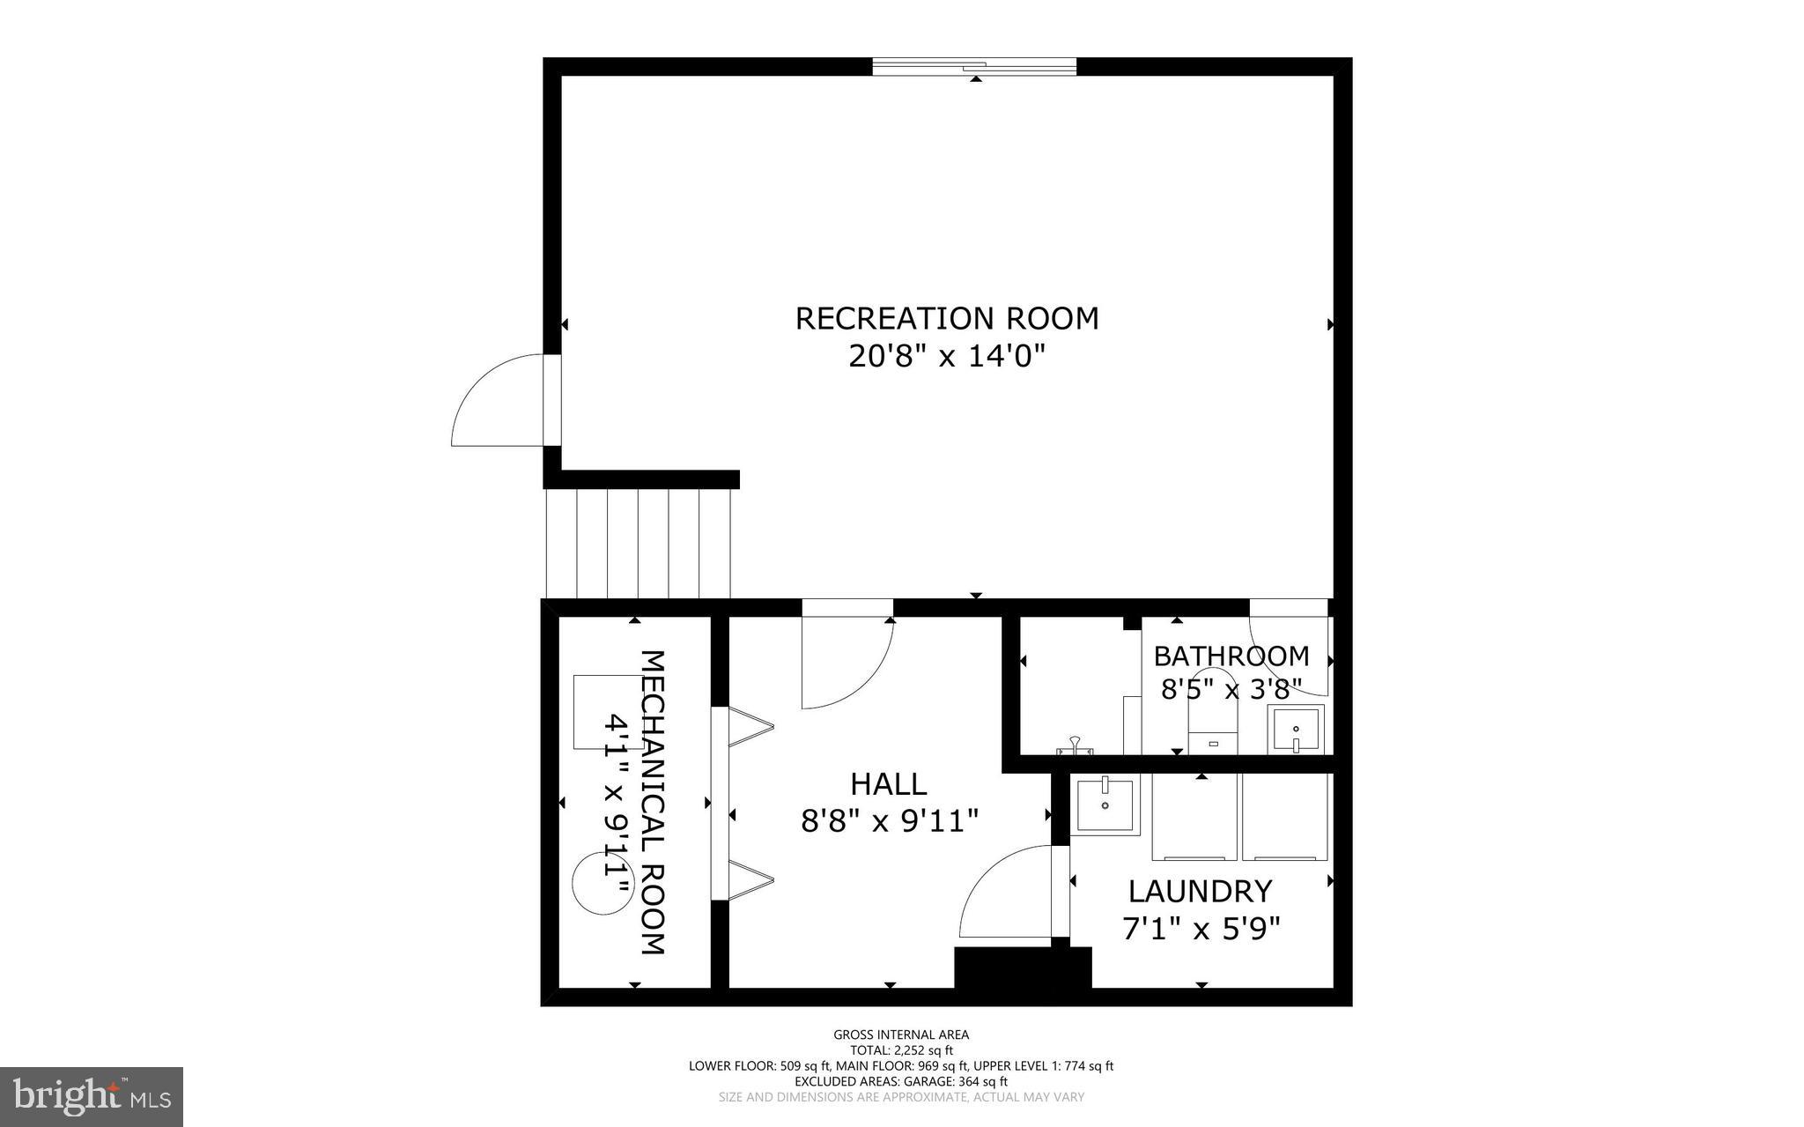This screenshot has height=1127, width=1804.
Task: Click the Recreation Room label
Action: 947,318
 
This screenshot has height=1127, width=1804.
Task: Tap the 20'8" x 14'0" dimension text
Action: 947,357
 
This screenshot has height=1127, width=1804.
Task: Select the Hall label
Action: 888,783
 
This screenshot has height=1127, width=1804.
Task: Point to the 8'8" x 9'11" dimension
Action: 890,821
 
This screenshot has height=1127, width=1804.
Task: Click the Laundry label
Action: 1200,892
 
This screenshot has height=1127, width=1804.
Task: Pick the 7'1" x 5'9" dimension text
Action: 1201,929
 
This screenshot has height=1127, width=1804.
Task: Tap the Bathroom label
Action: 1231,656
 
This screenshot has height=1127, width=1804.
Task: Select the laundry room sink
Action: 1105,804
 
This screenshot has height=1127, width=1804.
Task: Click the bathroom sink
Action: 1296,730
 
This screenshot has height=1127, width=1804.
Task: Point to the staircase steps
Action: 638,544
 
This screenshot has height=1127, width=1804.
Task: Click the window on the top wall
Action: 974,67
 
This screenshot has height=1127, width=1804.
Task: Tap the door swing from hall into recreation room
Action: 846,663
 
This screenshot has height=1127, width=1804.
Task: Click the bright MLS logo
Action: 91,1096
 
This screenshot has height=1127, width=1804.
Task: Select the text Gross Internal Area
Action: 900,1034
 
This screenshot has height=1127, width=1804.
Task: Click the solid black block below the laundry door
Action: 1022,968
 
